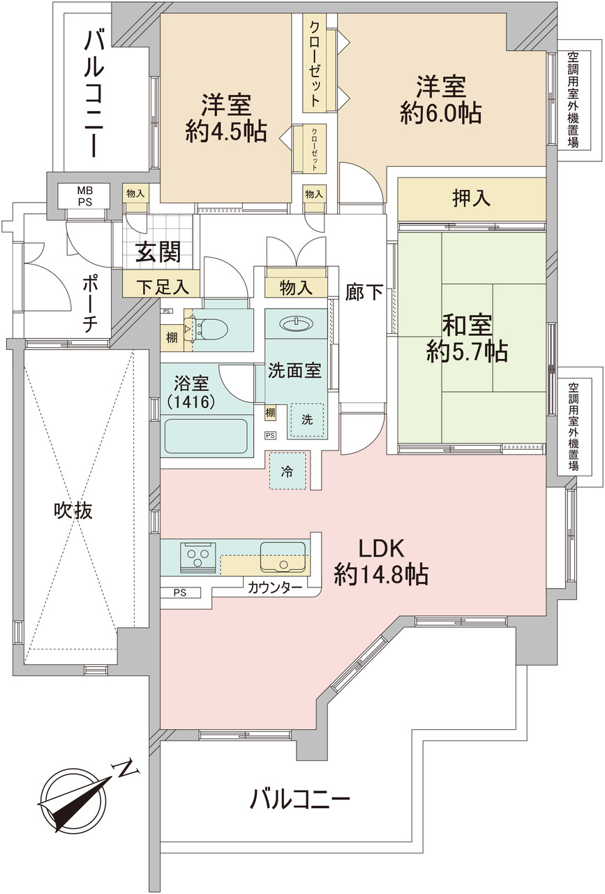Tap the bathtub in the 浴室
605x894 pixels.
coord(206,436)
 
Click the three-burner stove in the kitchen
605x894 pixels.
coord(197,557)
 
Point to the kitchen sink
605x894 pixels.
coord(283,557)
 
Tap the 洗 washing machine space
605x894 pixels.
coord(307,420)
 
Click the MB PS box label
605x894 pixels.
coord(84,196)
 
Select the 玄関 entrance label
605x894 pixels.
coord(158,251)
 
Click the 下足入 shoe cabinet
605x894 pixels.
coord(161,284)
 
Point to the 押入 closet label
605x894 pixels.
coord(472,198)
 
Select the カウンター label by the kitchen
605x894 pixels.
coord(275,587)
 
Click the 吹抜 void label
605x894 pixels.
coord(73,511)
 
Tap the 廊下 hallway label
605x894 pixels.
coord(364,292)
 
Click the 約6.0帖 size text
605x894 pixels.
coord(440,113)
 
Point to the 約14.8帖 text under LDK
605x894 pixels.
coord(381,574)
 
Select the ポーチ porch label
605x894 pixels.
coord(90,303)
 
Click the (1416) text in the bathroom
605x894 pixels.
coord(191,402)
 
